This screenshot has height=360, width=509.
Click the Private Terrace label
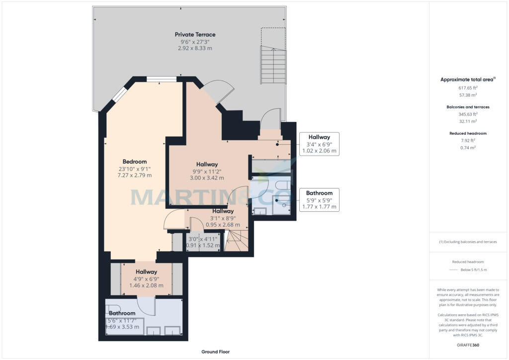pos(195,34)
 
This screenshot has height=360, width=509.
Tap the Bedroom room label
pos(135,162)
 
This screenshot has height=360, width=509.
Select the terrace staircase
pos(273,65)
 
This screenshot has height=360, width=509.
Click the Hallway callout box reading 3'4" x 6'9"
pos(319,144)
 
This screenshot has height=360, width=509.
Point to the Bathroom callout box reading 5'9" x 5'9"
pos(319,199)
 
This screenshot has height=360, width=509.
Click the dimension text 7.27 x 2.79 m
pos(134,176)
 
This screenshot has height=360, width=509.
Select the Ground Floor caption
pos(216,352)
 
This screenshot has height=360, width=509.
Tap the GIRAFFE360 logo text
pos(468,345)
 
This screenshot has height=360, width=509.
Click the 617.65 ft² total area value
pos(468,88)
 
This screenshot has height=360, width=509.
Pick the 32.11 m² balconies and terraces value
pos(468,121)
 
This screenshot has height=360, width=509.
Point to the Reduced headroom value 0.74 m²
pos(468,148)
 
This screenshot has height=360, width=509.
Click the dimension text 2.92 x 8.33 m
pos(195,48)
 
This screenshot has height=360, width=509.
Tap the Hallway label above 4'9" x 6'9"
pos(147,271)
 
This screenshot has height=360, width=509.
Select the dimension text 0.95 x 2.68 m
pos(223,225)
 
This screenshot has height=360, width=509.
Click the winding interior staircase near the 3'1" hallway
pos(237,241)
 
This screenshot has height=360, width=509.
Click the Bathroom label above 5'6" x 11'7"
pos(122,313)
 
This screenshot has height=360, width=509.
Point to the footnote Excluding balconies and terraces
pos(468,242)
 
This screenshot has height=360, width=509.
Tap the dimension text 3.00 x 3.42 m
pos(207,178)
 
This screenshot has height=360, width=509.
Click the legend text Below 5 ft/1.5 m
pos(474,270)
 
